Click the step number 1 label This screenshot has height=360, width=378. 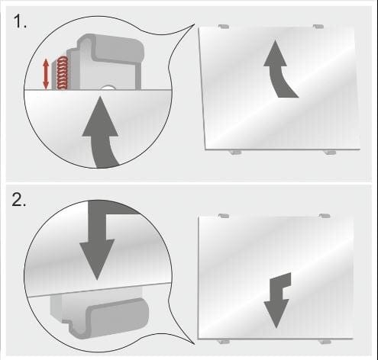click(20, 21)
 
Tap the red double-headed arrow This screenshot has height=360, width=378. click(46, 74)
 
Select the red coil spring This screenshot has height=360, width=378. click(63, 73)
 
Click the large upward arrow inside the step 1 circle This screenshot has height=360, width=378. click(101, 132)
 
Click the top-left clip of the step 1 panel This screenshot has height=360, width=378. click(224, 26)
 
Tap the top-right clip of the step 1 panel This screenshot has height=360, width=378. click(318, 26)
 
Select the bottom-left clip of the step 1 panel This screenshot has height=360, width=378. click(235, 152)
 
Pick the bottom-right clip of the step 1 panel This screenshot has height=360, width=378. click(330, 152)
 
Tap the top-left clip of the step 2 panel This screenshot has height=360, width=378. click(224, 216)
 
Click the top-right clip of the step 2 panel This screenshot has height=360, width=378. click(325, 216)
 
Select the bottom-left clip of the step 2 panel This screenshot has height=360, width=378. click(224, 342)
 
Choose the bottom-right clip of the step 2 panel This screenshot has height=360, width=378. click(325, 342)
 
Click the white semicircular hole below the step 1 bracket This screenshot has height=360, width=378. click(108, 88)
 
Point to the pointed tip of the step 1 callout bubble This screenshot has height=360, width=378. click(195, 24)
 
